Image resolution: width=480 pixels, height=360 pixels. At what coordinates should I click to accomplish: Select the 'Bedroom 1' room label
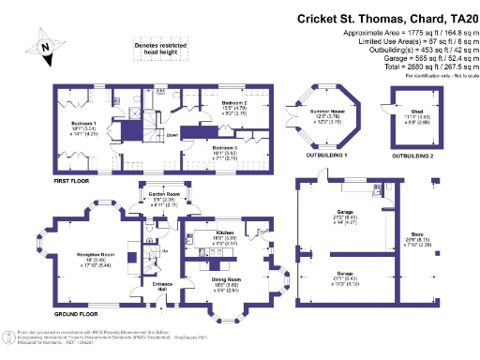click(x=83, y=123)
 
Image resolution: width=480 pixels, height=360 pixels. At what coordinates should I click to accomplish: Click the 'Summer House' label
click(x=322, y=112)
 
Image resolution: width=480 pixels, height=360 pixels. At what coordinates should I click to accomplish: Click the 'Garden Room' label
click(x=164, y=194)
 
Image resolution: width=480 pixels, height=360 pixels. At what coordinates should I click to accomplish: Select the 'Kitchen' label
click(x=224, y=232)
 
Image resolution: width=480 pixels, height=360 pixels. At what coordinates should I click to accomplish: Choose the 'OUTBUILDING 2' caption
click(x=412, y=155)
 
